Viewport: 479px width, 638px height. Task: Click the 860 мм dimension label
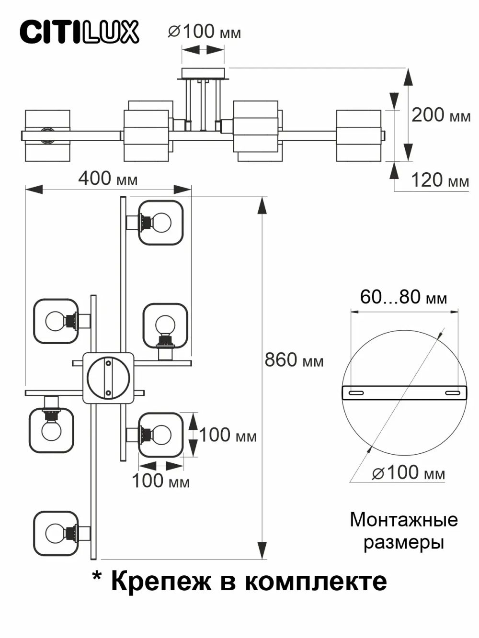pyautogui.click(x=294, y=360)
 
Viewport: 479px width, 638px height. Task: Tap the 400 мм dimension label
pyautogui.click(x=108, y=179)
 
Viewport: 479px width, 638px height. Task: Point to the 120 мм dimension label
pyautogui.click(x=440, y=180)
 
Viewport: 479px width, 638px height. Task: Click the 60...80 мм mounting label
pyautogui.click(x=403, y=297)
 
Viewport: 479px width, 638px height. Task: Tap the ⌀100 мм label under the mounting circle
pyautogui.click(x=408, y=473)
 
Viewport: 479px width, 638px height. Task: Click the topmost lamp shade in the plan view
pyautogui.click(x=161, y=223)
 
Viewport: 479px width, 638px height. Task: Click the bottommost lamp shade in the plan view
pyautogui.click(x=56, y=533)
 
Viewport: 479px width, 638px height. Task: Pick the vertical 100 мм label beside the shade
pyautogui.click(x=228, y=436)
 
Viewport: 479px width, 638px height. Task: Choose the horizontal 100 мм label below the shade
pyautogui.click(x=160, y=481)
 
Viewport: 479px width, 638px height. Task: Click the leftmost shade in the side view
pyautogui.click(x=47, y=136)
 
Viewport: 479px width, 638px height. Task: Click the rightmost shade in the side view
pyautogui.click(x=359, y=136)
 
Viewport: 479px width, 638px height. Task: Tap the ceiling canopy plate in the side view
pyautogui.click(x=203, y=73)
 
